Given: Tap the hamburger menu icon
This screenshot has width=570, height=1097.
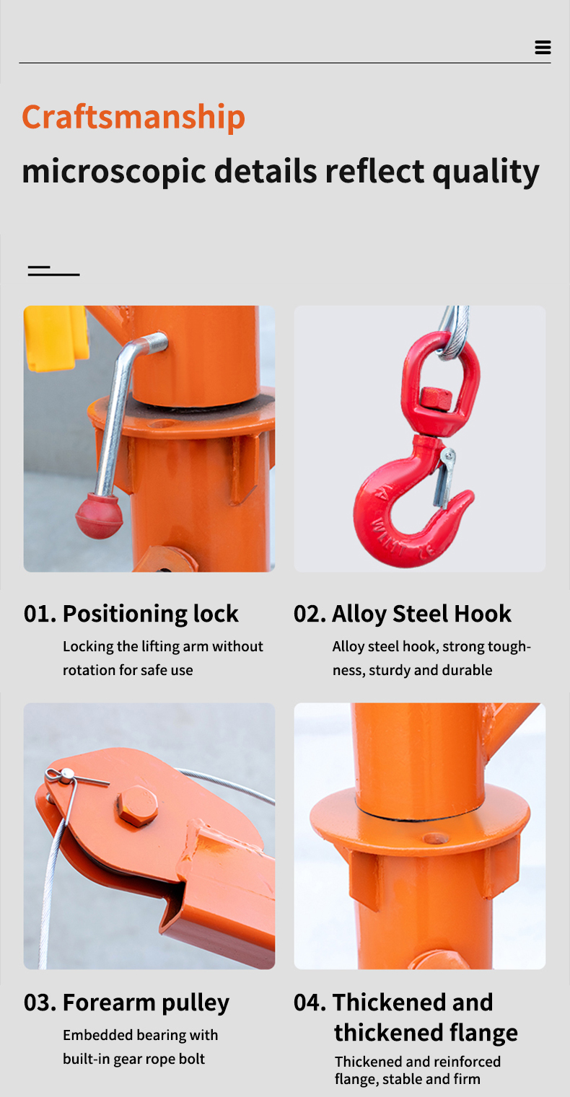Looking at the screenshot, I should tap(543, 48).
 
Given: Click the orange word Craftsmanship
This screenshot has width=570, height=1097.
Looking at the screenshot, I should tap(133, 117).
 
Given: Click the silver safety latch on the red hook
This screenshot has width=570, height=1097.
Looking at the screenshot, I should tap(442, 476).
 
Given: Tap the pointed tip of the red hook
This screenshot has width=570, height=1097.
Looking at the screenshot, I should tap(467, 498).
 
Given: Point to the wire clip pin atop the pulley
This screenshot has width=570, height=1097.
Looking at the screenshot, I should tap(66, 775).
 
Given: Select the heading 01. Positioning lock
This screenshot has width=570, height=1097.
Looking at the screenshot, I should tap(131, 614).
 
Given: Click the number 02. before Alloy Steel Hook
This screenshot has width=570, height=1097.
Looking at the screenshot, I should tap(310, 614).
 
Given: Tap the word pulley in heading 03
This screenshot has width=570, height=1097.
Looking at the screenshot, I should tap(195, 1003).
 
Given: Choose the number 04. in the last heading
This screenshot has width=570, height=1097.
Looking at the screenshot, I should tap(310, 1003).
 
